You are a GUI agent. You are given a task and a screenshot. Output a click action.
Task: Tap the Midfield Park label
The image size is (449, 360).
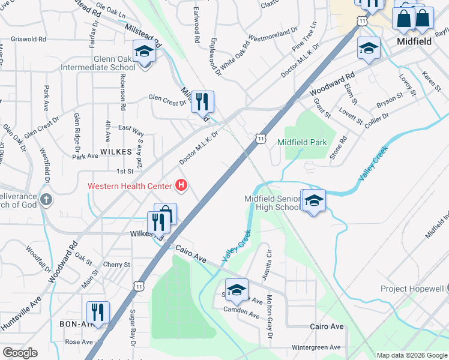pos(302,142)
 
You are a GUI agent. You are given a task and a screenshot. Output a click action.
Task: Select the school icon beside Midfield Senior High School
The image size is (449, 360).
pos(313,202)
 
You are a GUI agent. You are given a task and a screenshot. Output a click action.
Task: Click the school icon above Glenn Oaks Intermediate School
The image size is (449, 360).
pos(144,53)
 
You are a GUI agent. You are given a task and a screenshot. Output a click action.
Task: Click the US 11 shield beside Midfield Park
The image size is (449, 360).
pos(260,138)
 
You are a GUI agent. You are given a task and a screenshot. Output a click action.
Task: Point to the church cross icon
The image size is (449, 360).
pos(46,199)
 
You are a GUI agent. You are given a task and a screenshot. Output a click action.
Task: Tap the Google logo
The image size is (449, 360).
pos(20,353)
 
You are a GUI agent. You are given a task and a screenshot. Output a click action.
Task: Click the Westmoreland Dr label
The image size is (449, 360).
pos(273,34)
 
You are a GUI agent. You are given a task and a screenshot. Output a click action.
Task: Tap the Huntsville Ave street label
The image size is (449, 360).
pos(20,314)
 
